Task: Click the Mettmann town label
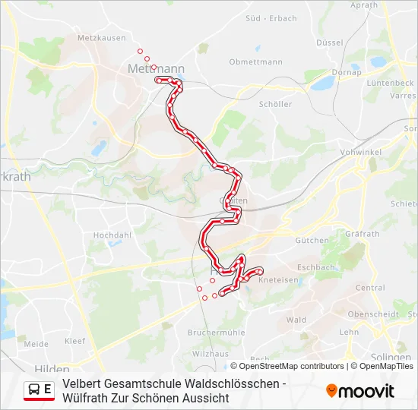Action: pos(152,68)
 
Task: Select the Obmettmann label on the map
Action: pos(255,61)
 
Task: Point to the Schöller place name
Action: pos(275,104)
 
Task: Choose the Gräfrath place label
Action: pos(362,234)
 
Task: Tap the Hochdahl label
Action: pos(112,235)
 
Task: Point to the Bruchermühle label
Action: pos(216,332)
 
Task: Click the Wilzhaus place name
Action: pos(211,354)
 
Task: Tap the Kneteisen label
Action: pos(279,280)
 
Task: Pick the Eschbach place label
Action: pos(316,267)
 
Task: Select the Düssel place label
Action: pos(329,43)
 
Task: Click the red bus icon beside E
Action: pos(35,390)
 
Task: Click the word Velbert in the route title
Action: pos(83,383)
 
